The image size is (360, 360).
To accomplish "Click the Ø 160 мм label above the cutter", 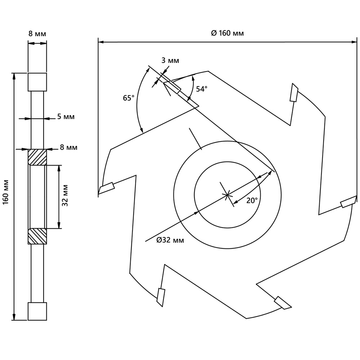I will pyautogui.click(x=227, y=33).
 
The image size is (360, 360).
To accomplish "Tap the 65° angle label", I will pyautogui.click(x=128, y=98).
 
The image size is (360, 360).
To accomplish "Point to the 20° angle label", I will pyautogui.click(x=252, y=201).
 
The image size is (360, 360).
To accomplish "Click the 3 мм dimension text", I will pyautogui.click(x=170, y=60).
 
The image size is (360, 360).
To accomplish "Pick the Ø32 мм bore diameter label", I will pyautogui.click(x=170, y=240).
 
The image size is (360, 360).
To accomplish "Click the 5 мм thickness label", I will pyautogui.click(x=66, y=117).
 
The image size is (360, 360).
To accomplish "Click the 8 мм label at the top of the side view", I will pyautogui.click(x=37, y=34).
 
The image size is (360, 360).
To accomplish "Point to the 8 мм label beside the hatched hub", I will pyautogui.click(x=68, y=147).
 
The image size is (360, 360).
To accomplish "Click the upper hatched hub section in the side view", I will pyautogui.click(x=37, y=157).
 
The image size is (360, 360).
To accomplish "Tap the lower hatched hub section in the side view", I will pyautogui.click(x=37, y=236).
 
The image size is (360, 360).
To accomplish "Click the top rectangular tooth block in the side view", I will pyautogui.click(x=37, y=82).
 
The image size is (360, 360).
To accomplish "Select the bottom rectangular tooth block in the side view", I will pyautogui.click(x=37, y=311).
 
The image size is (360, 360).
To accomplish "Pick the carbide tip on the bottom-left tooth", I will pyautogui.click(x=161, y=297).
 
